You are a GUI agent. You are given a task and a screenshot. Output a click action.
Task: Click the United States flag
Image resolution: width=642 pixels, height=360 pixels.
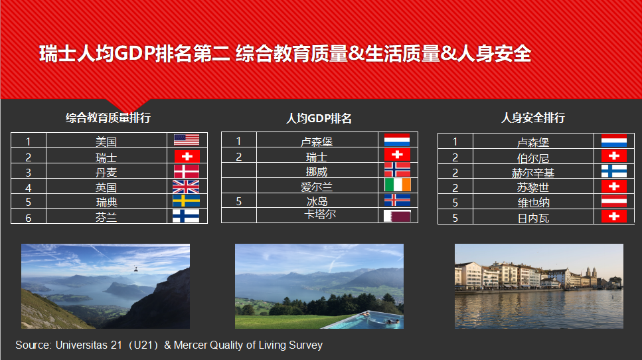[187, 140]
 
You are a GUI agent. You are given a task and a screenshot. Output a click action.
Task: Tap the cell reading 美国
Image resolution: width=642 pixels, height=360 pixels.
[106, 141]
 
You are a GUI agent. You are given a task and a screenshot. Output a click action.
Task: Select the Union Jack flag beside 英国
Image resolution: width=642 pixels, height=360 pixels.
[186, 187]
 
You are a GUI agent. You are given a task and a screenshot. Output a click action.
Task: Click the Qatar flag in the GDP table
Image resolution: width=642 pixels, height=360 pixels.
[397, 216]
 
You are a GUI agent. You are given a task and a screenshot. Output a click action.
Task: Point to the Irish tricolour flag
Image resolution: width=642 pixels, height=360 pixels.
[397, 185]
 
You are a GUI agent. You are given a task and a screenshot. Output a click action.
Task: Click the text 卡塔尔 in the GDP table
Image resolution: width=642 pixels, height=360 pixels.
[320, 214]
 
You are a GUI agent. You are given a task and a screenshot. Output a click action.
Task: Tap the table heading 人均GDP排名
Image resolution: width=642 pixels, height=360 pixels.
[319, 118]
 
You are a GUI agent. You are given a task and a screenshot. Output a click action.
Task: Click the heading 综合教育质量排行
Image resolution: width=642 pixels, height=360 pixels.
[108, 118]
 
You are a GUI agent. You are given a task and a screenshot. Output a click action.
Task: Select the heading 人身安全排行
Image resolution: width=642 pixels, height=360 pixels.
[533, 118]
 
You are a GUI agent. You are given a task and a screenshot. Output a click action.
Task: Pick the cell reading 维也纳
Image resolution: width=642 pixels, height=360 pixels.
[534, 203]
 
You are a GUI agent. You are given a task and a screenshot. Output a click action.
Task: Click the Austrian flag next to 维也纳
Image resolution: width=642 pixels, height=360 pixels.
[613, 201]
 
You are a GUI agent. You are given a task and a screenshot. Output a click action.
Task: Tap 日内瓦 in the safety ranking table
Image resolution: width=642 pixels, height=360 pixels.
[533, 219]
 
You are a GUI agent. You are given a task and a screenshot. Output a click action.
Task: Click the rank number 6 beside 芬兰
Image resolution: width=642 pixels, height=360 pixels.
[29, 218]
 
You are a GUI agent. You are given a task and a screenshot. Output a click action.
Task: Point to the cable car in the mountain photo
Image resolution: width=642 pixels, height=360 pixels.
[135, 269]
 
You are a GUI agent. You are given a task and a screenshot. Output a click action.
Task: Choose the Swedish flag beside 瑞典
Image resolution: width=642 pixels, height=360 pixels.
[186, 201]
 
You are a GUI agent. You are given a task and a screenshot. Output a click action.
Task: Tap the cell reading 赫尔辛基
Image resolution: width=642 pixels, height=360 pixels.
[533, 173]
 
